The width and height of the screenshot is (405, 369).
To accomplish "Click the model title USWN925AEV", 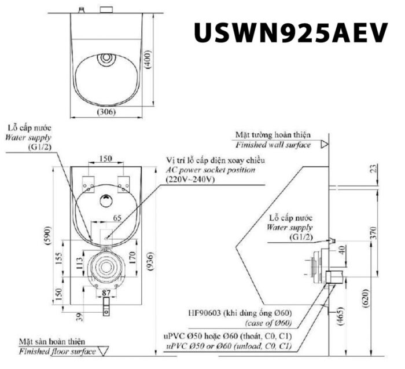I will [290, 34].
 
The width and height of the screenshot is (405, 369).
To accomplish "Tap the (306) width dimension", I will [105, 111].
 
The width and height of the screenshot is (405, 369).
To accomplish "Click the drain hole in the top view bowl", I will [105, 59].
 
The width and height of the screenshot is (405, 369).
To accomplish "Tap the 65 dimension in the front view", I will [116, 219].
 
